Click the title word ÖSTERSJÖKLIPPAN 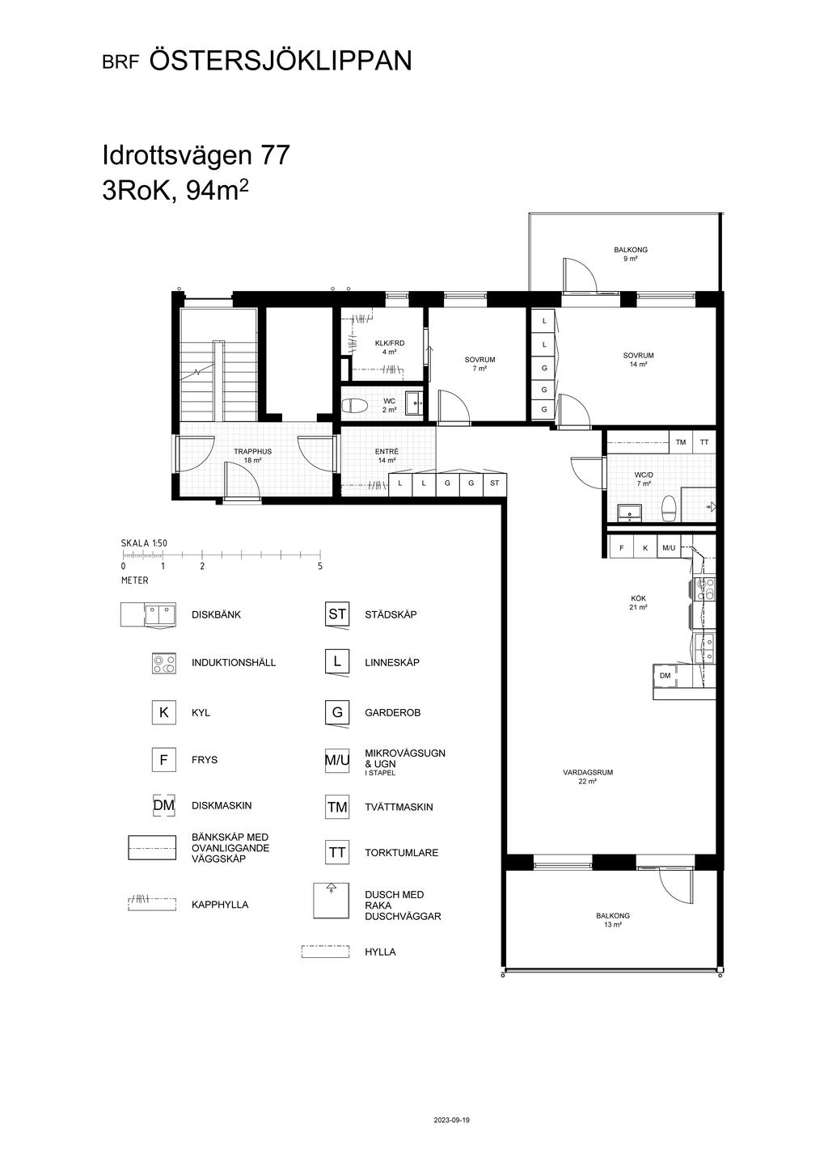281,60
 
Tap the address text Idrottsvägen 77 196,155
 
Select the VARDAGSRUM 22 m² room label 588,777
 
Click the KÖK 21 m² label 639,603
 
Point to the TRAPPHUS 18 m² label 252,456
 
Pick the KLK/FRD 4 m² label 390,347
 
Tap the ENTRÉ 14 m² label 387,456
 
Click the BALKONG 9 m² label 631,254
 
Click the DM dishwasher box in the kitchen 665,676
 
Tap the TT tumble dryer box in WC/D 704,442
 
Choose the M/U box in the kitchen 669,548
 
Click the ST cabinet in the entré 494,483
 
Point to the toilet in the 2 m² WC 355,405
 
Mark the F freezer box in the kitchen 621,548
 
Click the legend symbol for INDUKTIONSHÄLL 164,663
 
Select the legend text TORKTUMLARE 402,853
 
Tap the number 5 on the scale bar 320,566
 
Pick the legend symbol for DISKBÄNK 148,614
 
